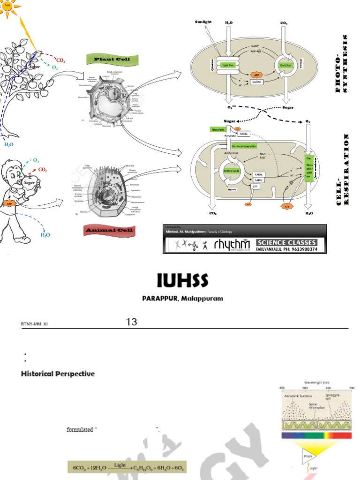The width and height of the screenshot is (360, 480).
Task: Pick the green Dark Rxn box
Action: tap(285, 66)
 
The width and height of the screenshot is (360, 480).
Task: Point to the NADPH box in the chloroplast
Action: tap(256, 82)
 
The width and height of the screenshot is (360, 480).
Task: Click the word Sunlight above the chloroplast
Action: tap(203, 22)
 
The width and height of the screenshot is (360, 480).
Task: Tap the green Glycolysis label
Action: tap(218, 129)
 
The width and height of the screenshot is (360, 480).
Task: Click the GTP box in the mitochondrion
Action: tap(255, 186)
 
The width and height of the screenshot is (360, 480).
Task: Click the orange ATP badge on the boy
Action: tap(8, 203)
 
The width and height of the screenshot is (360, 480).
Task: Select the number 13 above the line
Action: tap(131, 322)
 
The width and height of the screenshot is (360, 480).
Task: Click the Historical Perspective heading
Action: tap(58, 374)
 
